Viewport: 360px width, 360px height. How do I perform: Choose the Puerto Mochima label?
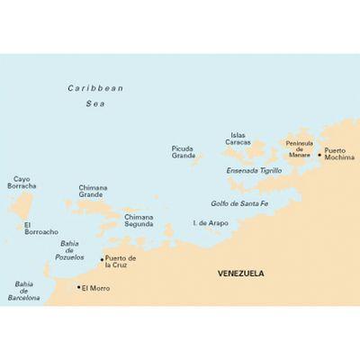(x=339, y=154)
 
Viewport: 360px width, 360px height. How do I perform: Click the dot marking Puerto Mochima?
(x=319, y=154)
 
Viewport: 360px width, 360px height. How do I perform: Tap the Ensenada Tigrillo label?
(x=254, y=170)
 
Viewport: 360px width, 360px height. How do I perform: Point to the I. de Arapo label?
(x=208, y=221)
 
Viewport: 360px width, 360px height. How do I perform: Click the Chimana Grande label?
(x=94, y=191)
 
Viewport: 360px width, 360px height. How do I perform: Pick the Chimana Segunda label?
(x=139, y=220)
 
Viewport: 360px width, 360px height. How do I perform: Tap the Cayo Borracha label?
(x=20, y=183)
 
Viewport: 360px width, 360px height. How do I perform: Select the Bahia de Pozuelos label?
(x=70, y=248)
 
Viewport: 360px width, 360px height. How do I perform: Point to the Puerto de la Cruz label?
(x=121, y=262)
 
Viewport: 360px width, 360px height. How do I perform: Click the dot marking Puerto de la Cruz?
(x=102, y=259)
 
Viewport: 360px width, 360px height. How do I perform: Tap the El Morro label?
(x=96, y=288)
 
